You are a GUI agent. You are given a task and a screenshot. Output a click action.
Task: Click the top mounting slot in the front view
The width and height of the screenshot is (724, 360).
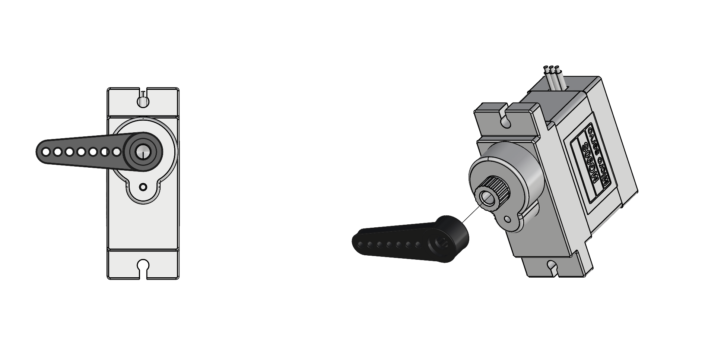click(x=143, y=100)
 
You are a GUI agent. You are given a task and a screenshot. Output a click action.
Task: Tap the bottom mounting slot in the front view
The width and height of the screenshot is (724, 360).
click(x=143, y=268)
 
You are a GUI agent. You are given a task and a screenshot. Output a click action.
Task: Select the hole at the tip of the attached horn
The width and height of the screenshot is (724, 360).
click(x=45, y=152)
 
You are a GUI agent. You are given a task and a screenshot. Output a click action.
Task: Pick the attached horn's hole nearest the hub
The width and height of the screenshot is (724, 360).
click(x=117, y=152)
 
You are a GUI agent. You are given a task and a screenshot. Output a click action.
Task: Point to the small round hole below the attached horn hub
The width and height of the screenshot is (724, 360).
click(x=143, y=187)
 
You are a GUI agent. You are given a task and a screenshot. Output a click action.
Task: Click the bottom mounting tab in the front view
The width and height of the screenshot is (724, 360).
click(x=143, y=264)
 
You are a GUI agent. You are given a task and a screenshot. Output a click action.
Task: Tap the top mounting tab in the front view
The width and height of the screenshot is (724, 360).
click(x=143, y=102)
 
